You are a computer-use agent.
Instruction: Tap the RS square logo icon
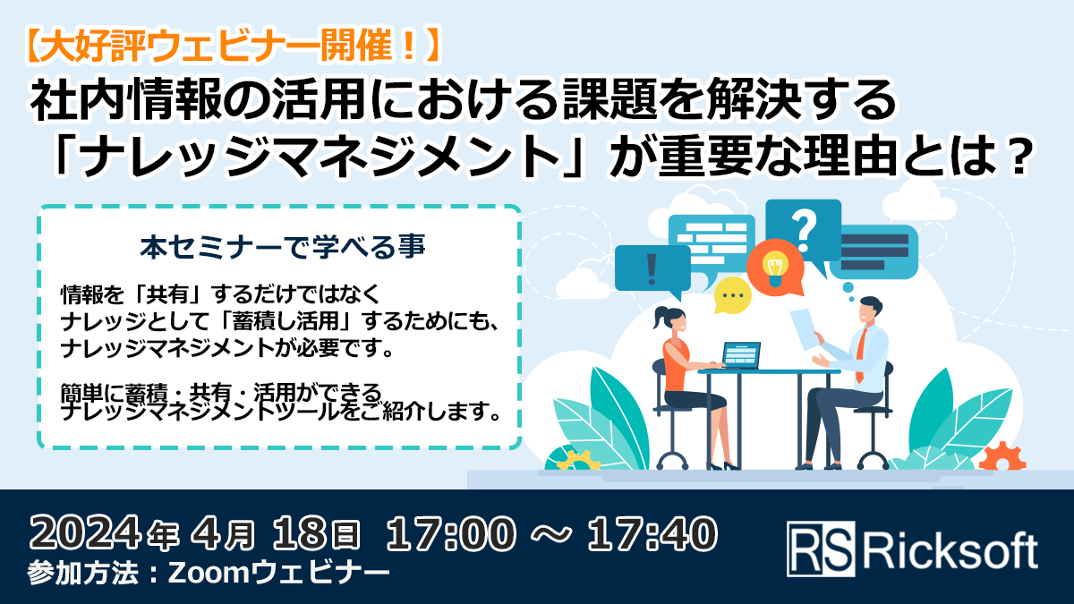coord(819,549)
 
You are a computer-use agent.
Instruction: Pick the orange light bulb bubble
coord(771,266)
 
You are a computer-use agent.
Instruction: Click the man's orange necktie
coord(860,354)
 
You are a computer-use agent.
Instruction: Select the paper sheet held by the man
coord(805,328)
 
